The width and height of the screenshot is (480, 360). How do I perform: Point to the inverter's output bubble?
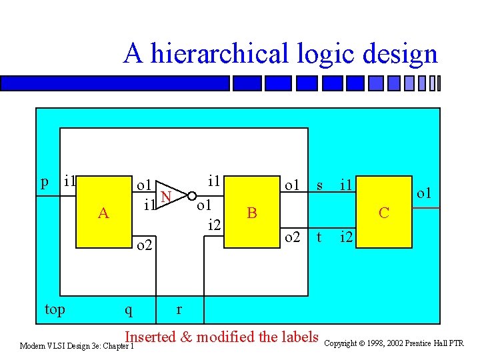191,195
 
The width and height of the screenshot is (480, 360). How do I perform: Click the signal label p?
45,181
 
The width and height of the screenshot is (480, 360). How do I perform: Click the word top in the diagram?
55,309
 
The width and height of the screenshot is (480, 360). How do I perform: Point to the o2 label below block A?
145,247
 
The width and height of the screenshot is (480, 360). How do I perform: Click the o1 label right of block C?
425,193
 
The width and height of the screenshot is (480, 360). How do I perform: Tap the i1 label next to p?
69,181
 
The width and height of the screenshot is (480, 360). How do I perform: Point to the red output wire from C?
427,209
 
